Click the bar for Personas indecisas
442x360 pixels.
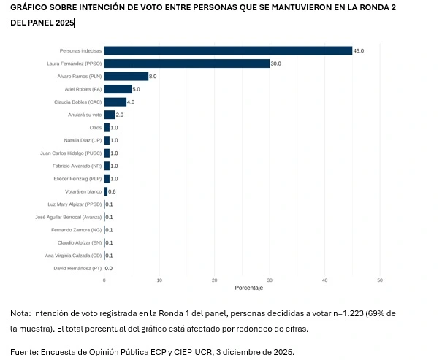(228, 50)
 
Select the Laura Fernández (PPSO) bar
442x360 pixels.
(187, 64)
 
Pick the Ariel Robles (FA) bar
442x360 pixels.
(118, 89)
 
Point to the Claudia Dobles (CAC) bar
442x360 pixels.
(115, 102)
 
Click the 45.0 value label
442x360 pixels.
(358, 51)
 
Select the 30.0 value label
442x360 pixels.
(275, 64)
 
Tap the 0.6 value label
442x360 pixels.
(112, 191)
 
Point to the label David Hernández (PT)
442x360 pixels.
(79, 268)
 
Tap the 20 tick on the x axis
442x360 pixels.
(214, 280)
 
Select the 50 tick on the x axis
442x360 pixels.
(380, 280)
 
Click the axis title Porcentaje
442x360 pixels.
(249, 288)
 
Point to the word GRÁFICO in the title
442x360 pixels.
(31, 7)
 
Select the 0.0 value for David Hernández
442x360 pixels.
(109, 268)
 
